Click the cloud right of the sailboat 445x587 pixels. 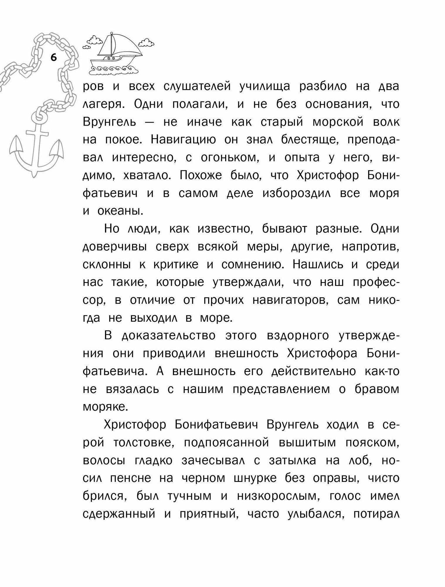click(146, 43)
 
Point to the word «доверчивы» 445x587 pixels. click(115, 247)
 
